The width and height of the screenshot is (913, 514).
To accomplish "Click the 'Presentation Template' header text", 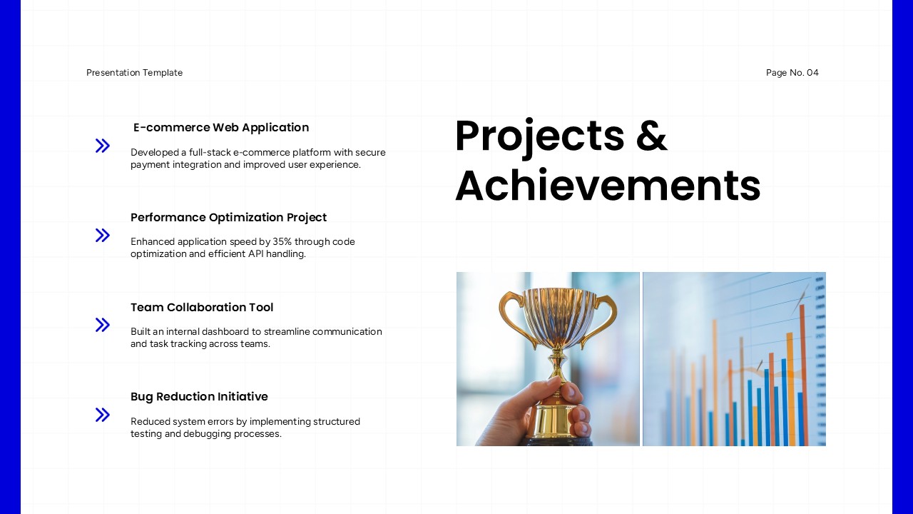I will point(134,73).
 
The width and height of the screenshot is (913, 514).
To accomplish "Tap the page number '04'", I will point(812,73).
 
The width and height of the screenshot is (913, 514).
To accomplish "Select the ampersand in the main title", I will point(651,136).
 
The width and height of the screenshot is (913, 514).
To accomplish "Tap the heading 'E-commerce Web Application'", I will point(221,128).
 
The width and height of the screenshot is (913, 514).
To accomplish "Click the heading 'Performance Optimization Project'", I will point(228,217).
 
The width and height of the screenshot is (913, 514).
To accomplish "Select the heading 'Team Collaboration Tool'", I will point(202,307).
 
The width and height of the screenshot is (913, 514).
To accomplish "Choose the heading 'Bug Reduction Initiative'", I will point(199,397).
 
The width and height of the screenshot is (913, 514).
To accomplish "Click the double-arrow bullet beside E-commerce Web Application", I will point(103,146).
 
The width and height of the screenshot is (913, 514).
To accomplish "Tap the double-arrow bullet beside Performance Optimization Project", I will point(103,235).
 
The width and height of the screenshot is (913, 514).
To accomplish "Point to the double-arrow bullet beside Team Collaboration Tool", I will point(103,325).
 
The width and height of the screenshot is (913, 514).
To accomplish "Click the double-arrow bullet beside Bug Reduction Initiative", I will point(103,415).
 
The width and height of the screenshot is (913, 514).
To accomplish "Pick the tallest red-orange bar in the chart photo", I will point(802,371).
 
